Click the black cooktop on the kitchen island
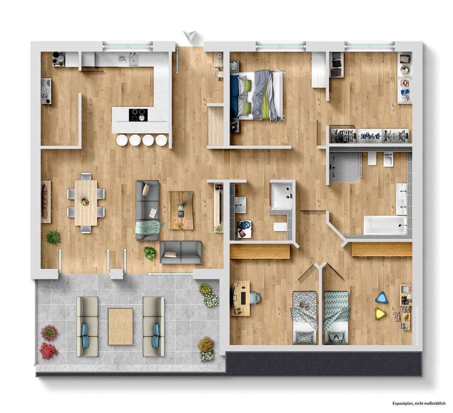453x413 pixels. tap(138, 115)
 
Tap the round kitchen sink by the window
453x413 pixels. tap(123, 60)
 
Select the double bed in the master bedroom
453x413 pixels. tap(258, 96)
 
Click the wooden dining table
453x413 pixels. tap(86, 202)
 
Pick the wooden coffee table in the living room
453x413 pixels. tap(181, 210)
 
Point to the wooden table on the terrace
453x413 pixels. tap(121, 326)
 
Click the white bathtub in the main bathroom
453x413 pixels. tap(385, 225)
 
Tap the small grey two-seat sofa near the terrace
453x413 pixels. tap(181, 252)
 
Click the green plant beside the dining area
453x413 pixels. tap(53, 237)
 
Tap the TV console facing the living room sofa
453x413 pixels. tap(219, 206)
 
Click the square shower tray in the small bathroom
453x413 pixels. tap(282, 195)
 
